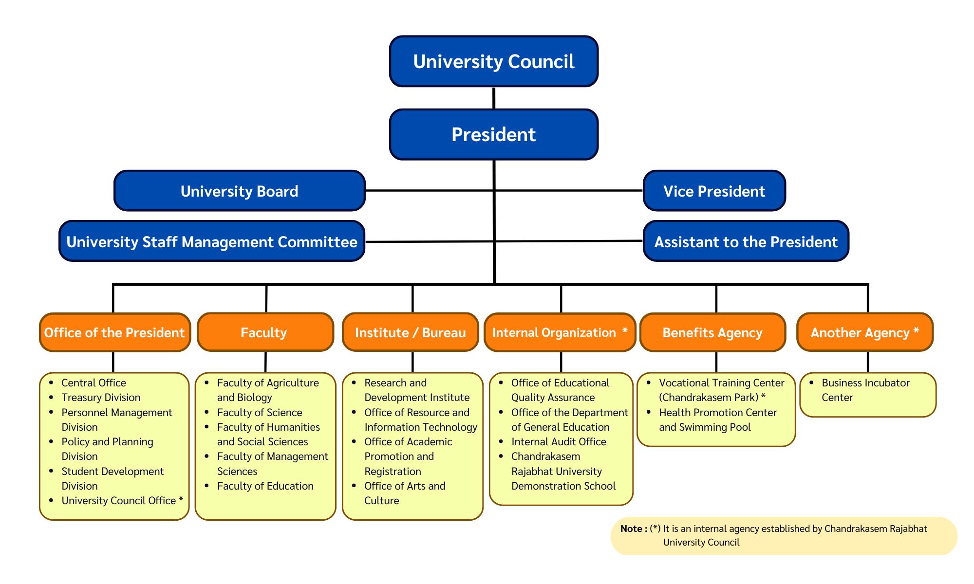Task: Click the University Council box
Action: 493,61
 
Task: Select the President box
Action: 493,134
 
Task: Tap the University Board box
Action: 239,191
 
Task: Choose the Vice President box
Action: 714,191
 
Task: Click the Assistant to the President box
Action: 746,241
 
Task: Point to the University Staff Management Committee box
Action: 212,241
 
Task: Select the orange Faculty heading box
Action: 265,332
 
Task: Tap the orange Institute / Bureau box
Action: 410,332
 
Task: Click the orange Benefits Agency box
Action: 712,332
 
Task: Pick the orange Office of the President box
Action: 114,332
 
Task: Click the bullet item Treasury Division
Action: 101,398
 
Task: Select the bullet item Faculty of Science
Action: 260,413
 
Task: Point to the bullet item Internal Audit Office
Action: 559,442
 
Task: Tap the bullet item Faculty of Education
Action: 265,486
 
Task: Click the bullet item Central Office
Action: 94,383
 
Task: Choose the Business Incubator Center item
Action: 865,390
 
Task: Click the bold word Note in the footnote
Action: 631,529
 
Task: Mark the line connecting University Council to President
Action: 494,98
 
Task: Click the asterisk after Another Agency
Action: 916,331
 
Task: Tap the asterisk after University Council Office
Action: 181,499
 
